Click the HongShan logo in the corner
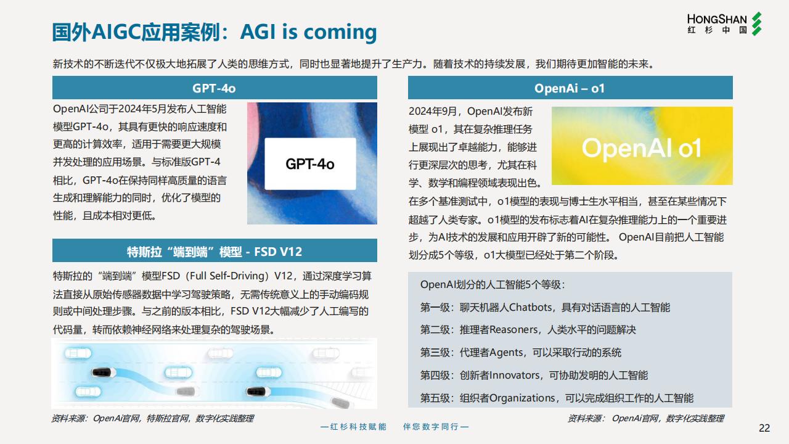pos(724,23)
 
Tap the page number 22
pos(764,428)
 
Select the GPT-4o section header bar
pos(215,88)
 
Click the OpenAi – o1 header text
pos(570,88)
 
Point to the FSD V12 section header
pos(215,250)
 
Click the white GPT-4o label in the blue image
pos(310,164)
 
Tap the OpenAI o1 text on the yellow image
pos(642,148)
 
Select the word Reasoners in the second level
pos(513,329)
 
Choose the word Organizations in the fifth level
pos(522,398)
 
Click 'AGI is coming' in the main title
pos(308,33)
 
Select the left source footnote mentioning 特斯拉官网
pos(152,418)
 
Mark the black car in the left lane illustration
pos(104,372)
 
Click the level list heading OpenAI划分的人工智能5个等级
pos(493,285)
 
